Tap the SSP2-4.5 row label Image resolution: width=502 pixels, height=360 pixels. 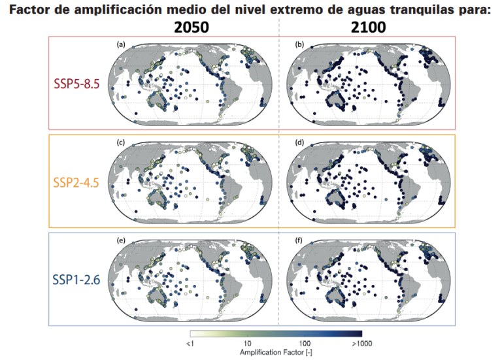tap(76, 181)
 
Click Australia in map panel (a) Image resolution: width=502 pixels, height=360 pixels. tap(159, 99)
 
